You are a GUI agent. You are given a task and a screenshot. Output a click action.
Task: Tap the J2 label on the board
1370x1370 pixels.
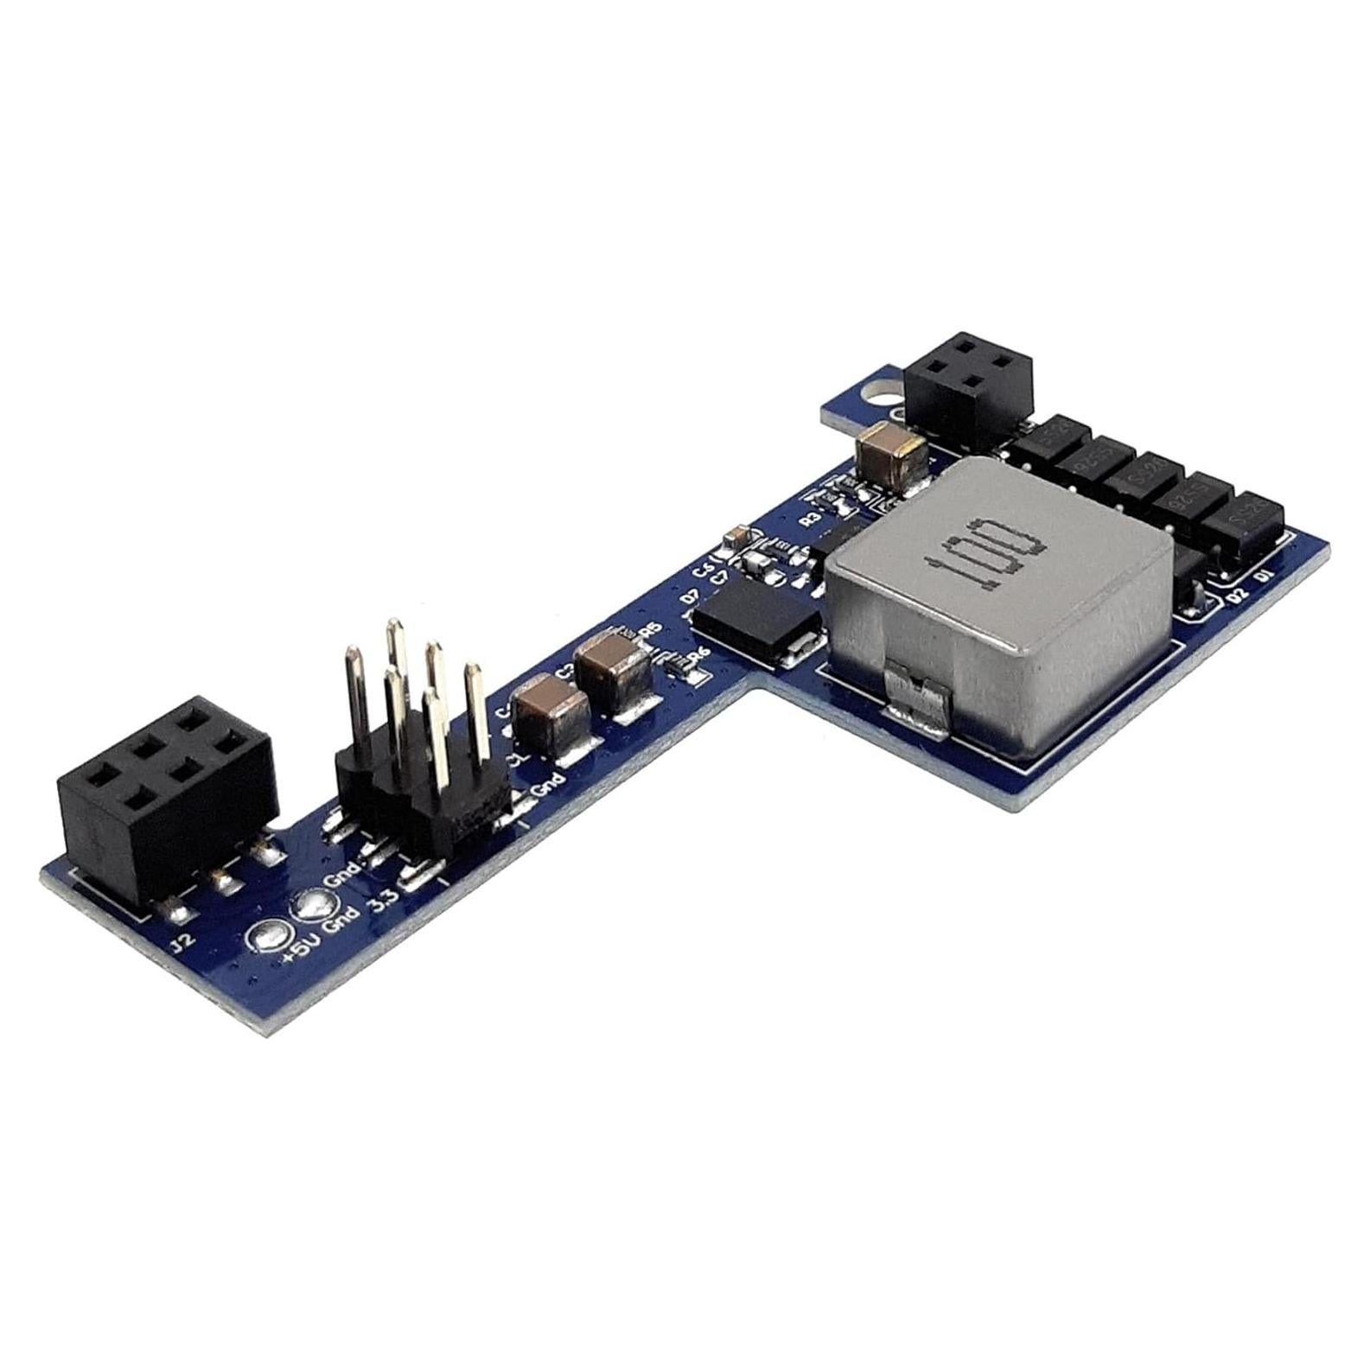[183, 941]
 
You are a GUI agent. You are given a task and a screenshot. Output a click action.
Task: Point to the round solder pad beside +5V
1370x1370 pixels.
[267, 936]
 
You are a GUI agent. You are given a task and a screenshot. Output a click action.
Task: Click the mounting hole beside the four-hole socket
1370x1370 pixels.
[878, 393]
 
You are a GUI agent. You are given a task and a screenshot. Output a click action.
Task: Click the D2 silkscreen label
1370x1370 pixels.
[1238, 593]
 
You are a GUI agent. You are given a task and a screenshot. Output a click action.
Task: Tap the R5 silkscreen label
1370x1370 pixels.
[648, 632]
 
